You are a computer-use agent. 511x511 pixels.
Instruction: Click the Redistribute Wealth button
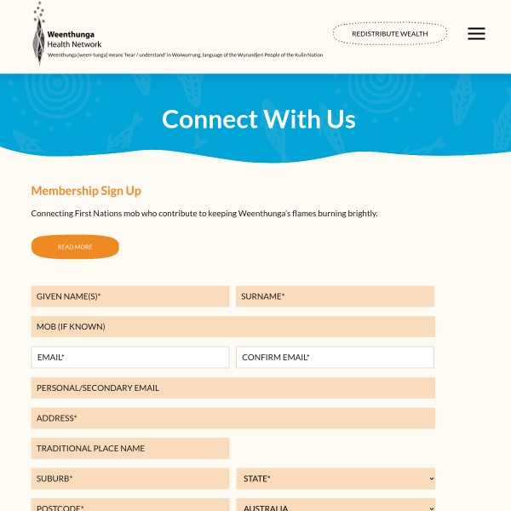389,34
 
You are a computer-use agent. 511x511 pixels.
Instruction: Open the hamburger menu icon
476,34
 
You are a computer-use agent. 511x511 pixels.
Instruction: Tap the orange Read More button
75,247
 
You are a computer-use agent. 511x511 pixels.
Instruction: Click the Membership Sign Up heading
86,191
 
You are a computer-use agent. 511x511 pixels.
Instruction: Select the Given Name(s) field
130,296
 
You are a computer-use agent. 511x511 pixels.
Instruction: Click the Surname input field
335,296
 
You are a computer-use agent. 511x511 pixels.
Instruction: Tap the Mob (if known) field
233,327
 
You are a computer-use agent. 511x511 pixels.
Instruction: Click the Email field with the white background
130,358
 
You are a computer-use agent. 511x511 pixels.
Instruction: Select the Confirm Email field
335,358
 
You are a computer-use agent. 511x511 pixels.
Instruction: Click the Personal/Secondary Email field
233,388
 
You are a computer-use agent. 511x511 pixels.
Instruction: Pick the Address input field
233,418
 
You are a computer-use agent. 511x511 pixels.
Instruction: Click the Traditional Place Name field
130,448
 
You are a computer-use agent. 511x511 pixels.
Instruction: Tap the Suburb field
130,479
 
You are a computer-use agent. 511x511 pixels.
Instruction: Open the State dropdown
336,479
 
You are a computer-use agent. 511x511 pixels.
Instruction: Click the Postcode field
130,506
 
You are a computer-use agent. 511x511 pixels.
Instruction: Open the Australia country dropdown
336,506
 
